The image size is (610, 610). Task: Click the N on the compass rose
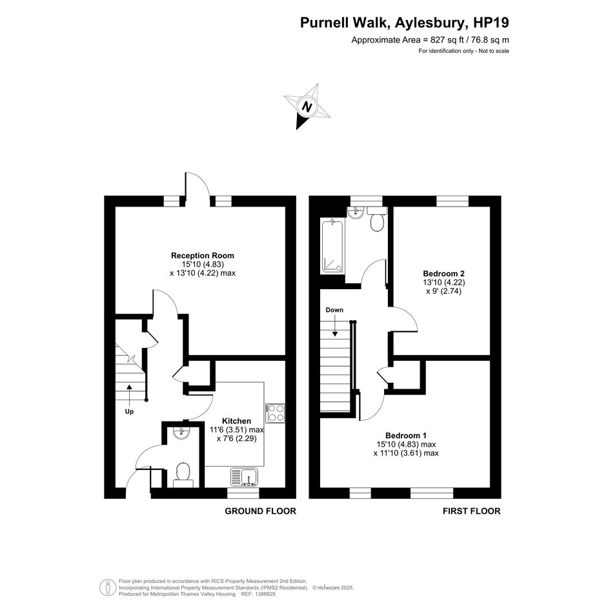coord(307,107)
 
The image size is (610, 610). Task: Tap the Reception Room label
coord(203,256)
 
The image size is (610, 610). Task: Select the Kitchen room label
coord(236,421)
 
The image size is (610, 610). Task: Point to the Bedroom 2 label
coord(444,274)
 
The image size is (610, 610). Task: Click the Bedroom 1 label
coord(406,435)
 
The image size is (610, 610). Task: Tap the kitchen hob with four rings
coord(276,413)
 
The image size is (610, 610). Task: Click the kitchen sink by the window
coord(244,477)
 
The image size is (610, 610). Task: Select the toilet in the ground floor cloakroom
coord(183,475)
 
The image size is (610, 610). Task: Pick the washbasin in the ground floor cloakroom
coord(181,432)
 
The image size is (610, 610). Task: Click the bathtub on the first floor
coord(332,246)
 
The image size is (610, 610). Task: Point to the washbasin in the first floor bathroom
coord(355,212)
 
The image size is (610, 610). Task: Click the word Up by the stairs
coord(129,412)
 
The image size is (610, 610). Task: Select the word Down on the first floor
coord(334,310)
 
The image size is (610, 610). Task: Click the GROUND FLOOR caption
coord(260,511)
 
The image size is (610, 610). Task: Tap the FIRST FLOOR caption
coord(471,511)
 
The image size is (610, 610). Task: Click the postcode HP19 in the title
coord(491,23)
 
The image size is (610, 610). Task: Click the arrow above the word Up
coord(128,394)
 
